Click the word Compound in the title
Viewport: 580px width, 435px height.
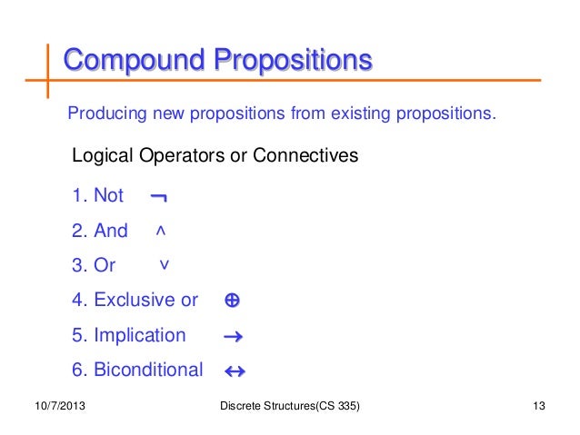pyautogui.click(x=133, y=62)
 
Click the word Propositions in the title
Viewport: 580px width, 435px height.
pyautogui.click(x=293, y=62)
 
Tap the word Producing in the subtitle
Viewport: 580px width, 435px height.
pyautogui.click(x=102, y=115)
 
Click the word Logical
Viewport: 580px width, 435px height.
pyautogui.click(x=103, y=156)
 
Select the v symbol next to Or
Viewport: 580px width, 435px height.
pyautogui.click(x=164, y=264)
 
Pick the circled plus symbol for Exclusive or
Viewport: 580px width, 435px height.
pyautogui.click(x=231, y=301)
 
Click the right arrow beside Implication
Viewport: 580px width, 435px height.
pyautogui.click(x=232, y=337)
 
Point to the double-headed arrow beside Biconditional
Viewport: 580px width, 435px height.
pyautogui.click(x=235, y=371)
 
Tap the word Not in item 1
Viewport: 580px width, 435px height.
pyautogui.click(x=109, y=196)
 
